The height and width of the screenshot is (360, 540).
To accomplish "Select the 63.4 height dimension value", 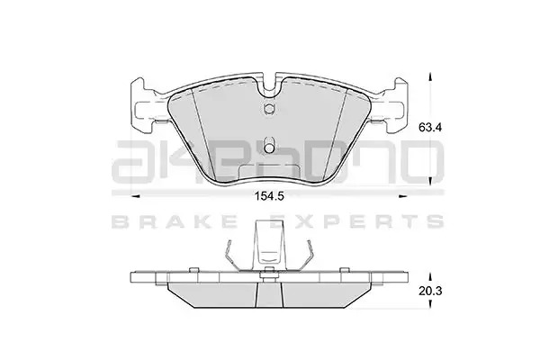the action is [430, 128].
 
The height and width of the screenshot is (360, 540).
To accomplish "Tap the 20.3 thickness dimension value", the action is [430, 291].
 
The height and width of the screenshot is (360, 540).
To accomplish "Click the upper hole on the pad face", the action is [269, 108].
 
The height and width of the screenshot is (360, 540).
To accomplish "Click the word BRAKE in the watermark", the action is [175, 221].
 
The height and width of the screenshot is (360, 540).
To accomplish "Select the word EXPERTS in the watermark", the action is [356, 221].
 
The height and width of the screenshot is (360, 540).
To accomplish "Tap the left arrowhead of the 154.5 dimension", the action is [136, 197].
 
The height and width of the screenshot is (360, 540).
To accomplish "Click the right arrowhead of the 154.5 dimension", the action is [402, 197].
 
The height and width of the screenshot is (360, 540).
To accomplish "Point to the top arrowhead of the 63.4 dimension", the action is [430, 76].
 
